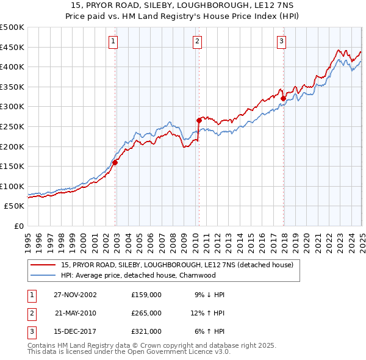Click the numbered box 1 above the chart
(114, 41)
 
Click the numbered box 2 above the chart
(198, 41)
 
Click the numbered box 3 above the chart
(282, 41)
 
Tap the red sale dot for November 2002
(115, 162)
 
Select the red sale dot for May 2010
(199, 120)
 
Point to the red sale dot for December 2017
(283, 98)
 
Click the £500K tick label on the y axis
(12, 27)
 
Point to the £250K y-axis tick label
(12, 126)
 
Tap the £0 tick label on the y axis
(18, 226)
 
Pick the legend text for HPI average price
(138, 275)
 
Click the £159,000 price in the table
(146, 294)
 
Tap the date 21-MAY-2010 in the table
(76, 313)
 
